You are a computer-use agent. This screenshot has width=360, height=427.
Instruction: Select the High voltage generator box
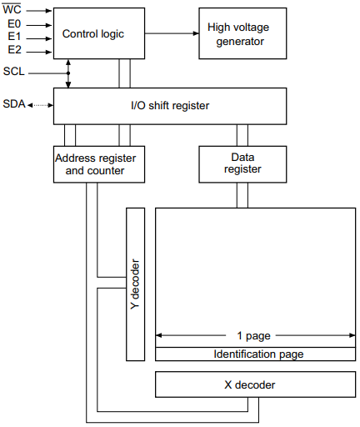coord(242,33)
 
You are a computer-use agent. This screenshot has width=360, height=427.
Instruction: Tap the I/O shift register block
coord(169,106)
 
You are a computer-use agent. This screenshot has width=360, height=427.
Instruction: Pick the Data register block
coord(242,163)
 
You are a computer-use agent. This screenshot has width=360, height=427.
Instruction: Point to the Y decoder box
coord(134,284)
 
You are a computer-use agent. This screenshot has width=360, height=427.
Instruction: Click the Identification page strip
coord(255,354)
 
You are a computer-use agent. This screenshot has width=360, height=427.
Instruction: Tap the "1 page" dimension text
coord(254,336)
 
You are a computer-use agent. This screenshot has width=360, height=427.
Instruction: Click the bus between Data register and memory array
coord(242,194)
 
